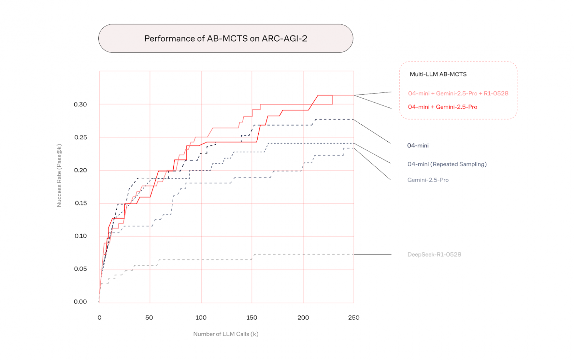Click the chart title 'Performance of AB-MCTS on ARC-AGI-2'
[226, 39]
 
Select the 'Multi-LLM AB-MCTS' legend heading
[438, 74]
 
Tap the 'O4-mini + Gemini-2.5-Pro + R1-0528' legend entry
[458, 93]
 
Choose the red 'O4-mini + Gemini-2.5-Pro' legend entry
[442, 107]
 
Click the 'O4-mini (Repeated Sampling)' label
[447, 164]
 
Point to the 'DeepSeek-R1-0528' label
[434, 255]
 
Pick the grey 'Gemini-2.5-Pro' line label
[428, 180]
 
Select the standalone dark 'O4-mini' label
[418, 146]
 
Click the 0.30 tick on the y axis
[80, 105]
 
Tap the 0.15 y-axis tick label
[80, 203]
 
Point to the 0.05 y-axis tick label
[80, 269]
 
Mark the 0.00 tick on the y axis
[80, 302]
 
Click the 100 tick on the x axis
[201, 318]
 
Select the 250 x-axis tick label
[354, 318]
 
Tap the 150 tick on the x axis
[252, 318]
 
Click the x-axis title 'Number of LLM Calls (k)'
[226, 334]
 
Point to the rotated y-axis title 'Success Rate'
[59, 176]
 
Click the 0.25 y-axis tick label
[80, 138]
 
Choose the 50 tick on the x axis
[149, 318]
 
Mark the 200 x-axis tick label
[303, 318]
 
